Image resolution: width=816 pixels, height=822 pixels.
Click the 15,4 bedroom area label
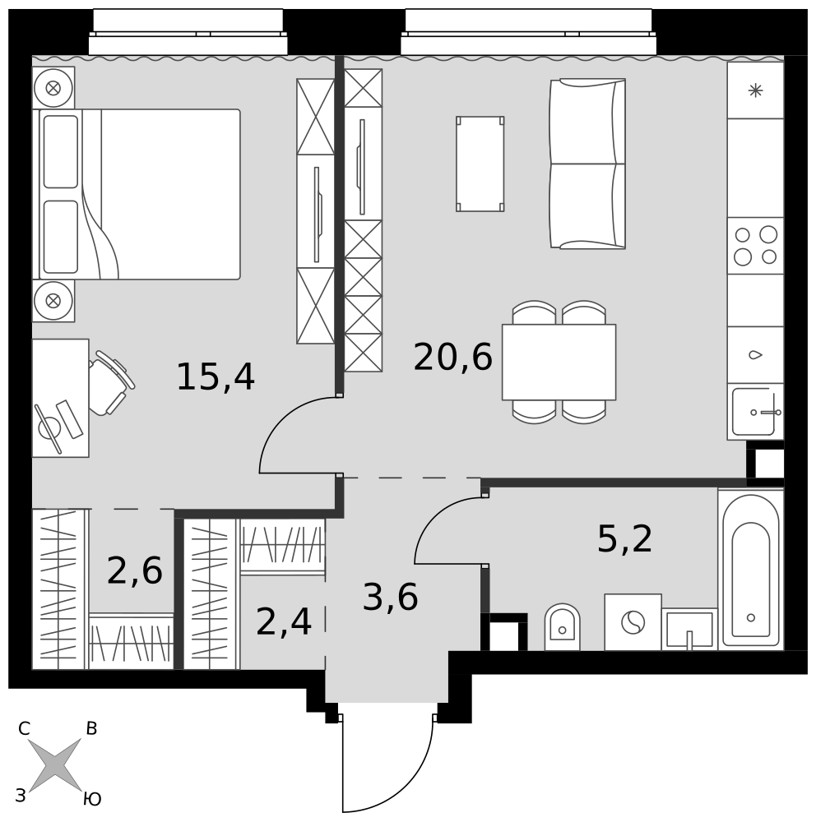click(216, 378)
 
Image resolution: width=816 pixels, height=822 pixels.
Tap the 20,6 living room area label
click(453, 358)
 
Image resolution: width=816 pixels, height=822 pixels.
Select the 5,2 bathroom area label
click(624, 539)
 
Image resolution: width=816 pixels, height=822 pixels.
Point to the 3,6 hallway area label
click(391, 597)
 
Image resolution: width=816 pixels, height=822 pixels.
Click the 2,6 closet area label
click(134, 571)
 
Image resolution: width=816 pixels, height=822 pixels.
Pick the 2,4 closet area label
click(284, 622)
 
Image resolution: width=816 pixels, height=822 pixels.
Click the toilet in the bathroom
click(562, 627)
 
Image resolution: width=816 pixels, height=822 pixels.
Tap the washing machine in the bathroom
click(633, 622)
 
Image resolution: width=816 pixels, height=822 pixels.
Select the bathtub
click(751, 570)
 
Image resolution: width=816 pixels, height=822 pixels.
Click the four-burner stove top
click(756, 245)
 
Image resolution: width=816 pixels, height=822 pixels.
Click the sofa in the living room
click(587, 164)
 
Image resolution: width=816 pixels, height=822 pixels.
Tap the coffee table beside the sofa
click(480, 164)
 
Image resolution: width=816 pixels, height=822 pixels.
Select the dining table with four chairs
click(559, 363)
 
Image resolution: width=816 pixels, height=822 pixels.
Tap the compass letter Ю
click(92, 799)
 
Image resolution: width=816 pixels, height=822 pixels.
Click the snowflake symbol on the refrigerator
click(756, 90)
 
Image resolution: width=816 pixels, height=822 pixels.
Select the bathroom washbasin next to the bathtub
click(689, 629)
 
